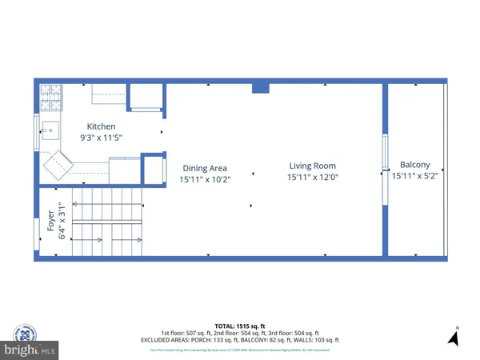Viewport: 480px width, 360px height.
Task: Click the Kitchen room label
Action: point(102,126)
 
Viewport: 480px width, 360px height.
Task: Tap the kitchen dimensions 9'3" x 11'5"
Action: point(102,138)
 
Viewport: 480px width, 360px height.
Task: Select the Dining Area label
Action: point(205,168)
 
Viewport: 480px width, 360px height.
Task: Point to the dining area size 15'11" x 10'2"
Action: point(205,180)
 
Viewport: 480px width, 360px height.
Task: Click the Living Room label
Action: point(311,166)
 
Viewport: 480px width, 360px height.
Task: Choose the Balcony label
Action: point(414,165)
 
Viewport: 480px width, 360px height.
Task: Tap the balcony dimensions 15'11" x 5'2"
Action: point(414,176)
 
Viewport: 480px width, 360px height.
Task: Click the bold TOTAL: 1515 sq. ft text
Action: point(239,326)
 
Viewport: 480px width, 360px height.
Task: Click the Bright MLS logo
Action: point(29,350)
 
